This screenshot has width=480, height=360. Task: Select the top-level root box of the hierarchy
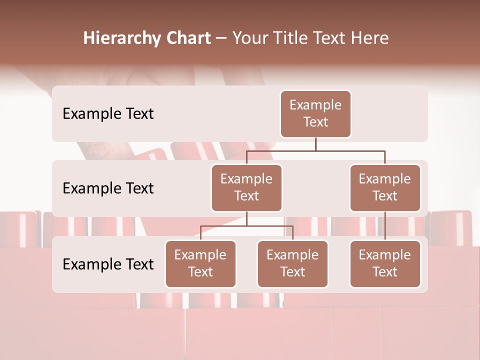(315, 114)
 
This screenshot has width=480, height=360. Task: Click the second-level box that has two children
(246, 188)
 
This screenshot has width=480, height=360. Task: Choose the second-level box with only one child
(385, 188)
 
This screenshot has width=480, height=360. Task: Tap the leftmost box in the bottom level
(200, 264)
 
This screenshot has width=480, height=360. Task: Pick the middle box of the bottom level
(292, 264)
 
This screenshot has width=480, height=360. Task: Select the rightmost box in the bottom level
(385, 264)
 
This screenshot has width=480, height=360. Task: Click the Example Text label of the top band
(108, 114)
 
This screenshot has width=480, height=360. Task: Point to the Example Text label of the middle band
(108, 188)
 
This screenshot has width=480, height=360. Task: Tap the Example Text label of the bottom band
(108, 264)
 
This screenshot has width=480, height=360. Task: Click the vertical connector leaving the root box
(315, 144)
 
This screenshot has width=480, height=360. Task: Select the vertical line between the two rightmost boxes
(385, 226)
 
